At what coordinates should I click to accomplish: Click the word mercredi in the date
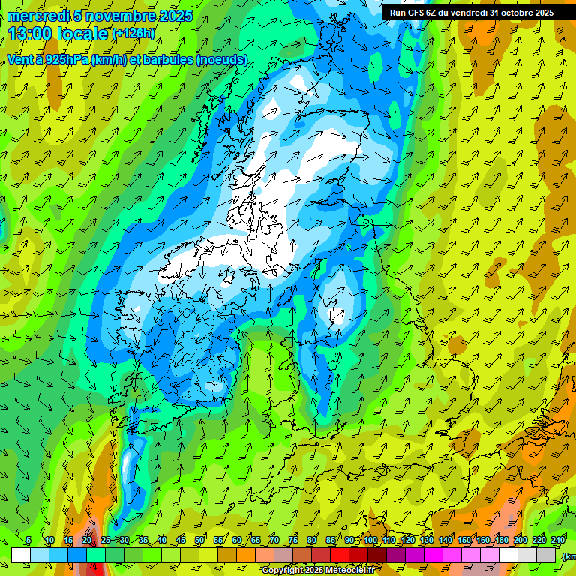[x=36, y=16]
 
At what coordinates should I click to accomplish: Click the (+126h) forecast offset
[x=133, y=34]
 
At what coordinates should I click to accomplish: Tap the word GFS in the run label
[x=417, y=13]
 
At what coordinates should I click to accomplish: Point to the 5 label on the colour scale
[x=28, y=541]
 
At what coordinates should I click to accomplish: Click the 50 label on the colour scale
[x=199, y=541]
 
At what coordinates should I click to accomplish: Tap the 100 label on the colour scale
[x=370, y=541]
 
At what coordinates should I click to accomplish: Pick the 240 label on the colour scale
[x=558, y=541]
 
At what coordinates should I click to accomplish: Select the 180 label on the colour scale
[x=502, y=541]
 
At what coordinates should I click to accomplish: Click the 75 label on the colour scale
[x=293, y=541]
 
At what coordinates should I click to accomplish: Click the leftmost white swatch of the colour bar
[x=21, y=555]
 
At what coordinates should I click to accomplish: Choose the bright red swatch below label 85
[x=340, y=555]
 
